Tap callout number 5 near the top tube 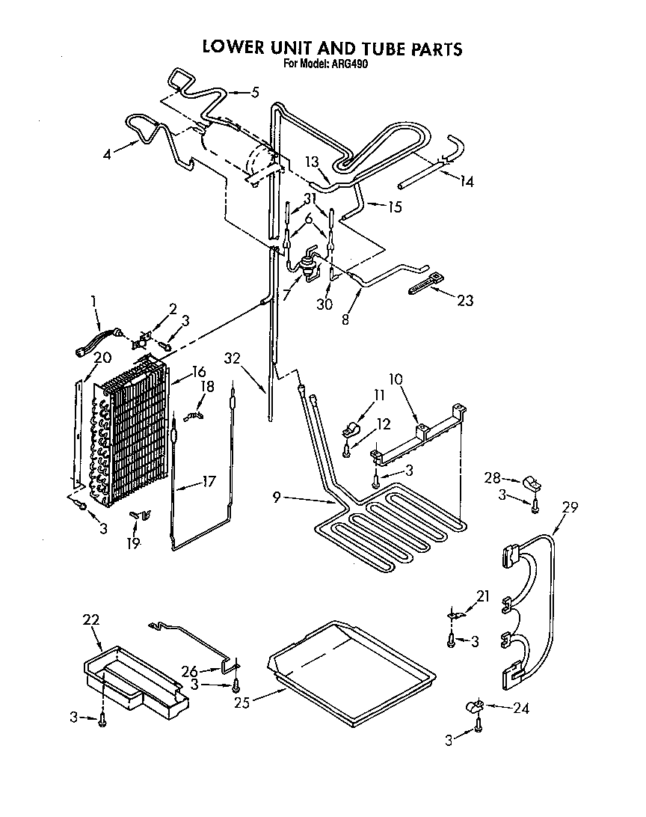click(255, 93)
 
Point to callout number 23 click(465, 301)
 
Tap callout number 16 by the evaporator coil click(198, 371)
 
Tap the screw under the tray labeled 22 click(103, 720)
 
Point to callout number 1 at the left click(94, 302)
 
